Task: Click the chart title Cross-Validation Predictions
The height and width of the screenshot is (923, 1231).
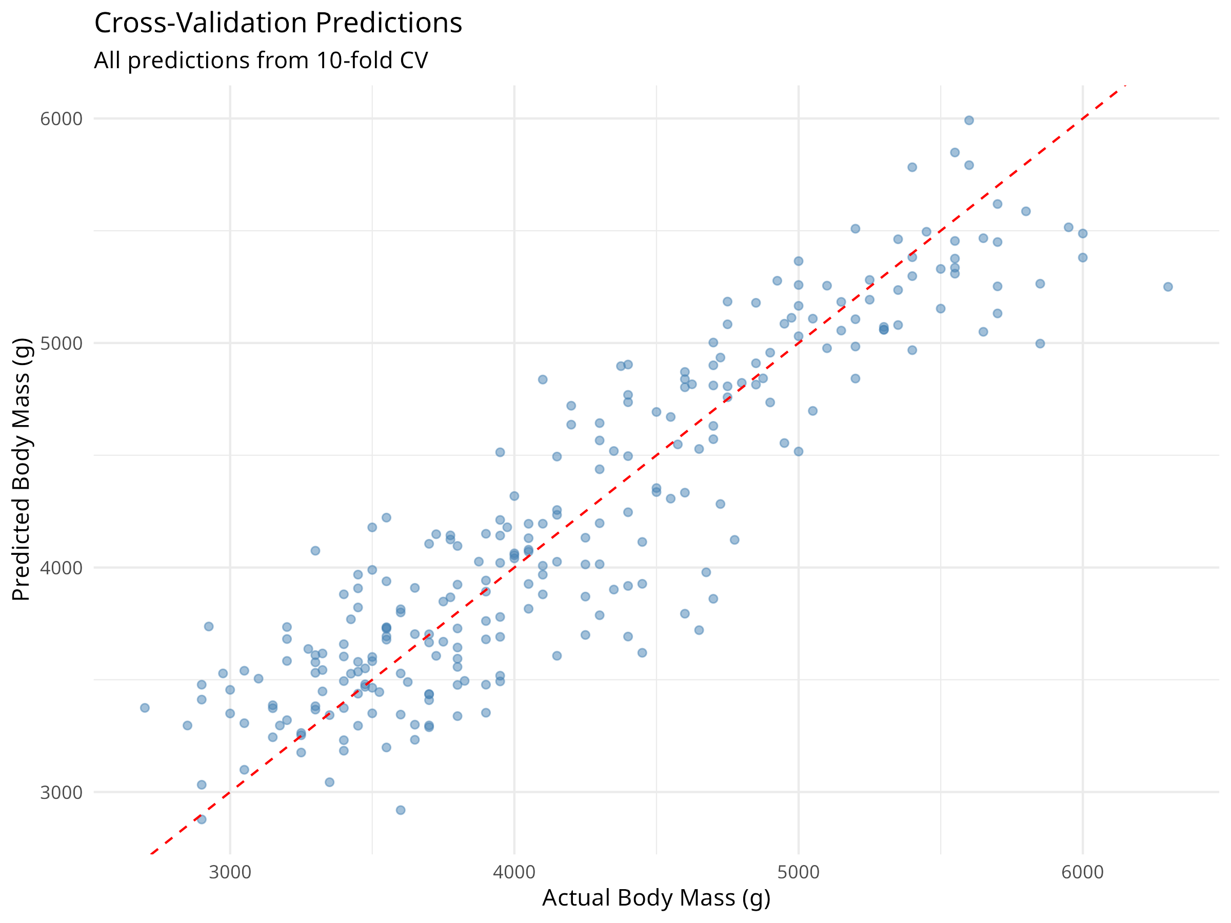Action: tap(278, 24)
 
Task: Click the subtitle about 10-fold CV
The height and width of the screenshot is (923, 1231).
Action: tap(261, 60)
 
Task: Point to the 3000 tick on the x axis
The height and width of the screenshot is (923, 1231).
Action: tap(230, 872)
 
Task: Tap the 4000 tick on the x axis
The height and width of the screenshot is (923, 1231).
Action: tap(514, 872)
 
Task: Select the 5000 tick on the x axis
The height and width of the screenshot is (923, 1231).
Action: tap(799, 872)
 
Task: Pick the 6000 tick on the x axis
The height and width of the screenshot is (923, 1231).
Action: tap(1082, 872)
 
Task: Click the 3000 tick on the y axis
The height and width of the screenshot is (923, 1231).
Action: tap(61, 792)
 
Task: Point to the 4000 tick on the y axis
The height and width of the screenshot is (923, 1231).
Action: tap(61, 568)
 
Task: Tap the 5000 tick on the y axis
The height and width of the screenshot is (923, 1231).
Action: tap(61, 343)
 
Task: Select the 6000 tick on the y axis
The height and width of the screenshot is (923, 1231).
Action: tap(61, 119)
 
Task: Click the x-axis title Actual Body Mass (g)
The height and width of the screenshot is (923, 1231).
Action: tap(656, 898)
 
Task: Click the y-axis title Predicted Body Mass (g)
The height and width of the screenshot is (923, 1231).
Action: tap(21, 469)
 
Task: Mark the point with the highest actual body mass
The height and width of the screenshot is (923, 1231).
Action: tap(1168, 287)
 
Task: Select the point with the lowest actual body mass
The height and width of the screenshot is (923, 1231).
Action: tap(145, 708)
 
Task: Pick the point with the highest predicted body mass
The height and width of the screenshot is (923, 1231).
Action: tap(969, 120)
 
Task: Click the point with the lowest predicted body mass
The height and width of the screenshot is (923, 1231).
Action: tap(401, 810)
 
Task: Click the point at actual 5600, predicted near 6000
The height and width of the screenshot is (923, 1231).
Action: tap(969, 120)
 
